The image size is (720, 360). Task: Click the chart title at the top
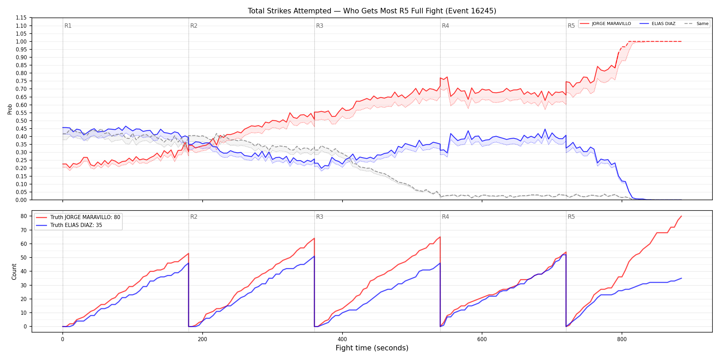click(372, 11)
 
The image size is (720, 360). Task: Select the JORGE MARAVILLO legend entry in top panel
click(605, 24)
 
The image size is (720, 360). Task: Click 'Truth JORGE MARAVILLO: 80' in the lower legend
click(78, 217)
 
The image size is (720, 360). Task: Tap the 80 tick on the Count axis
click(24, 216)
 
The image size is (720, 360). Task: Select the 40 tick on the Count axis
click(24, 271)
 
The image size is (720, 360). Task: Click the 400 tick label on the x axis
click(342, 339)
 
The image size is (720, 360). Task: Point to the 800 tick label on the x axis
click(622, 339)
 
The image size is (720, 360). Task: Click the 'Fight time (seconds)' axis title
click(372, 348)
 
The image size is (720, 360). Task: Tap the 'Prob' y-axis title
click(10, 109)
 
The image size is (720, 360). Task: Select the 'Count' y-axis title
click(14, 272)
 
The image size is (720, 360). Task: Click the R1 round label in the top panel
click(68, 26)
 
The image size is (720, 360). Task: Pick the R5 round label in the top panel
click(571, 26)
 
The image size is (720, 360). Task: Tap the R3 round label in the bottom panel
click(320, 217)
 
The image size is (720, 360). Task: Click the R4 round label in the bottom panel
click(445, 217)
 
